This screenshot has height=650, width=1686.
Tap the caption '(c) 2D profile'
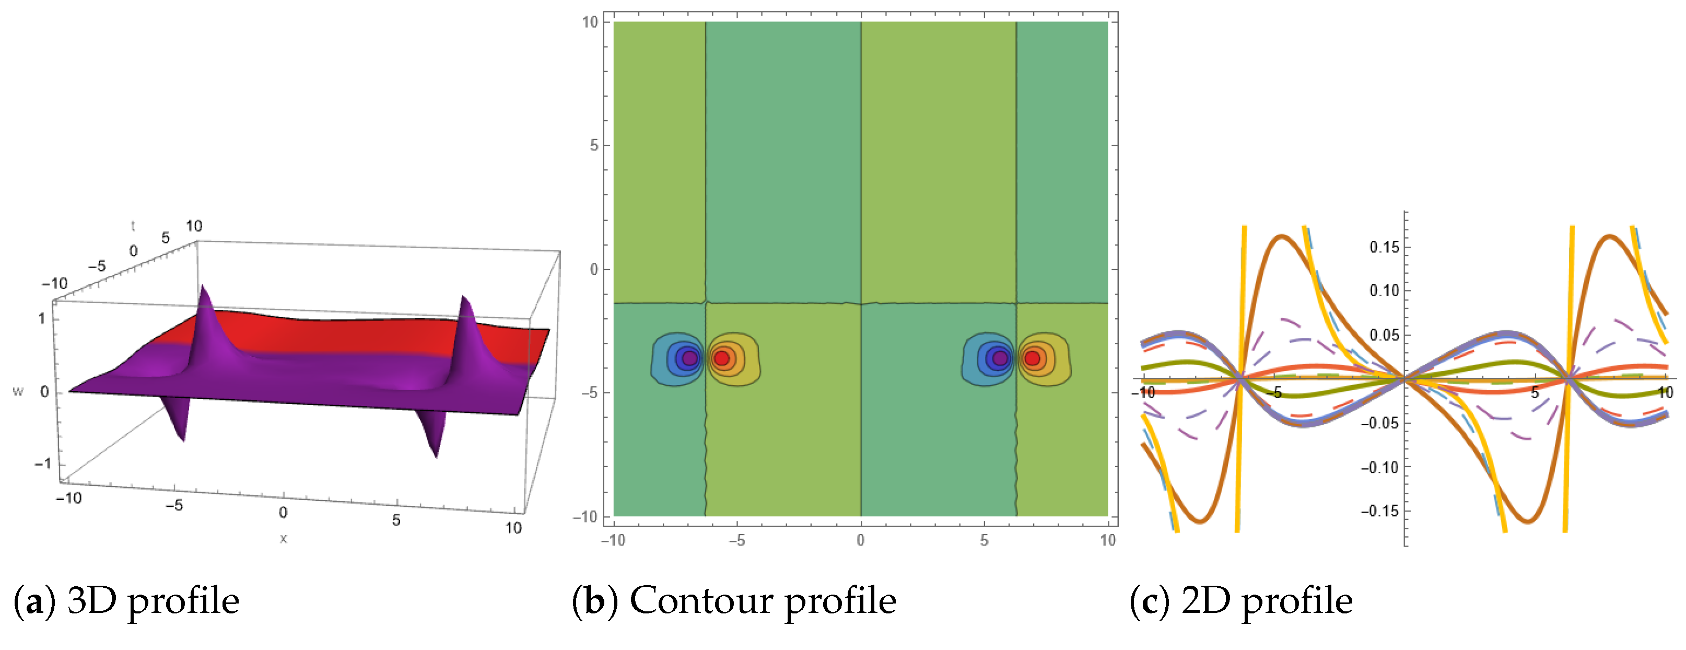coord(1241,601)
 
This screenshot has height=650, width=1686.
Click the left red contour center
coord(721,358)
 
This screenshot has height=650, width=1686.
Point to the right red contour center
coord(1032,358)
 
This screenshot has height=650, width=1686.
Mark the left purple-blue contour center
coord(689,358)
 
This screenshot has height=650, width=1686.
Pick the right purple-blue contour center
coord(1000,358)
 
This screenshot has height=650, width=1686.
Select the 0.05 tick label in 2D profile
coord(1384,335)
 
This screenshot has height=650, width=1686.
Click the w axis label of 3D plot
coord(18,391)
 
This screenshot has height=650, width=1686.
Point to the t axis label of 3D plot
coord(133,226)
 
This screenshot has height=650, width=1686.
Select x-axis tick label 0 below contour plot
coord(860,541)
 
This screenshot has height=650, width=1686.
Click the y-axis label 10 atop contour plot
coord(590,22)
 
